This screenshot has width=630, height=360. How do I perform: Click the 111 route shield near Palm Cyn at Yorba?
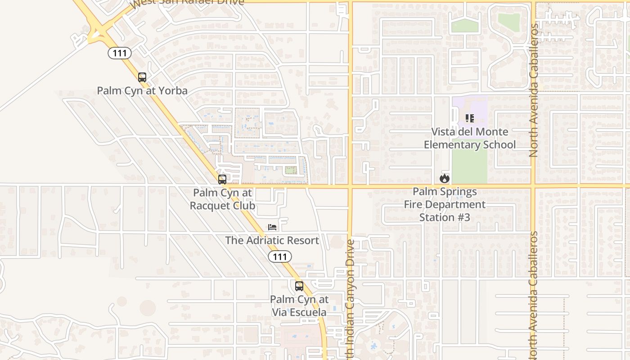[120, 53]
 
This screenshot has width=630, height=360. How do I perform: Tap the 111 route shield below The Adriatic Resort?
[279, 257]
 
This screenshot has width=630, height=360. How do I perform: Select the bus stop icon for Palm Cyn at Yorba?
[142, 77]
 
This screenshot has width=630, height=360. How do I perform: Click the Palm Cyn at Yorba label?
[142, 90]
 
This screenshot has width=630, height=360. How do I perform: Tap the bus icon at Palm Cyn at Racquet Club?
[222, 180]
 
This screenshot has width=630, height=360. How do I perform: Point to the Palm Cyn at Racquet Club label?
[223, 199]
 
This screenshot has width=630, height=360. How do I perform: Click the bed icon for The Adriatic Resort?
[272, 227]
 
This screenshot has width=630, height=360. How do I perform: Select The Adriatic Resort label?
[272, 240]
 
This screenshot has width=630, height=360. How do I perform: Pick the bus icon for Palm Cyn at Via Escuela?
[299, 286]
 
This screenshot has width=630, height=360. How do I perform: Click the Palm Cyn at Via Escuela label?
[299, 306]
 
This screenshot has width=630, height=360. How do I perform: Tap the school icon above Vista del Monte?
[470, 118]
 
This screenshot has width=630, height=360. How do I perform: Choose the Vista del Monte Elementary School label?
[470, 138]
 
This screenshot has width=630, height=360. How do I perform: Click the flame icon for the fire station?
[445, 179]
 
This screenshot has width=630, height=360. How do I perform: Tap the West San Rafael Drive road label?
[187, 3]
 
